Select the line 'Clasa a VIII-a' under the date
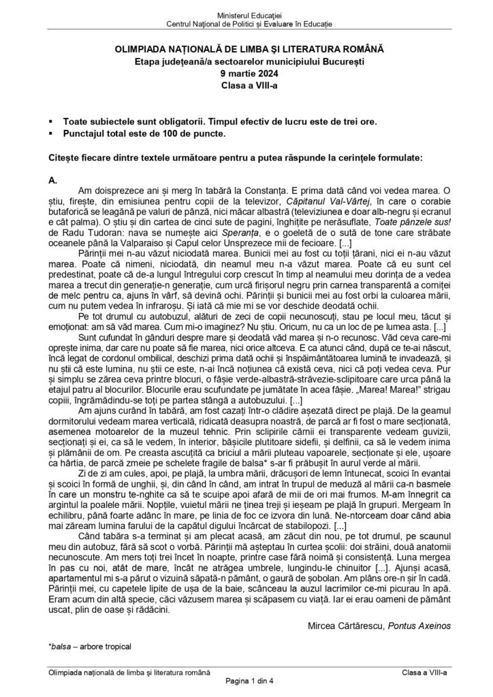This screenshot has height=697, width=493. pyautogui.click(x=246, y=85)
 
